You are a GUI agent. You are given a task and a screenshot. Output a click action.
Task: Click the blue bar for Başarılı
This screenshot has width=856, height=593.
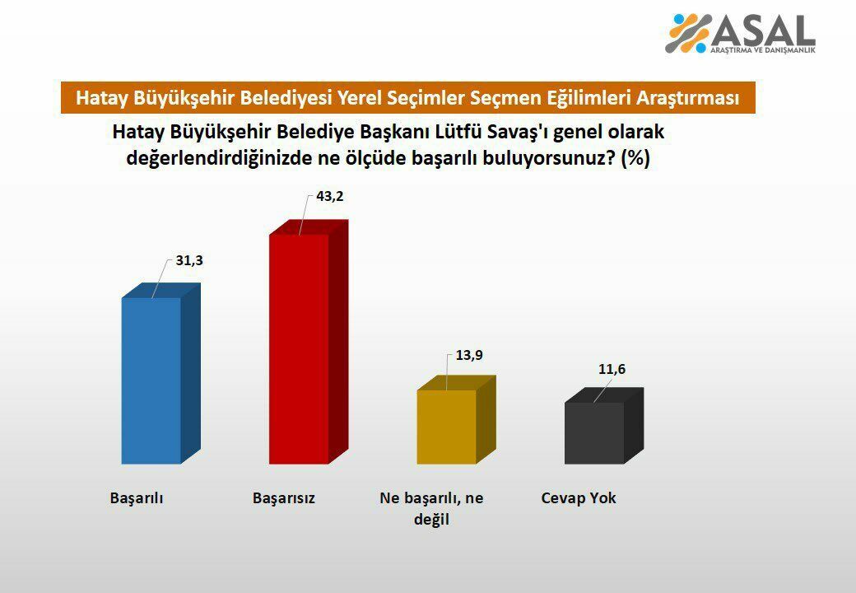click(151, 381)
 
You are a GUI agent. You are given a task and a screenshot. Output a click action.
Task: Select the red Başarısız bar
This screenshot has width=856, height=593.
click(300, 349)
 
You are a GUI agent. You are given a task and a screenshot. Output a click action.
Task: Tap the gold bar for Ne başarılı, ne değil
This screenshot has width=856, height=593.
click(446, 427)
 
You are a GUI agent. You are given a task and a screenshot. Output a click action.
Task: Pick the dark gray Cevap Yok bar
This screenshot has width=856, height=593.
click(594, 433)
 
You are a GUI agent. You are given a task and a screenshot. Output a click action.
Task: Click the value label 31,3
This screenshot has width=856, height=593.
click(189, 260)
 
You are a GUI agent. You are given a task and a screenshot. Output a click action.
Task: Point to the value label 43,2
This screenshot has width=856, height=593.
click(329, 198)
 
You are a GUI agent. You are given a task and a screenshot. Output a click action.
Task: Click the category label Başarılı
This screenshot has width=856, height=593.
click(137, 498)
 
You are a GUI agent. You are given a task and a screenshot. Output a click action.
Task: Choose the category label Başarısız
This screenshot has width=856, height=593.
click(284, 498)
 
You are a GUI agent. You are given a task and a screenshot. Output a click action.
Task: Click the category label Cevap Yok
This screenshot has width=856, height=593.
click(579, 498)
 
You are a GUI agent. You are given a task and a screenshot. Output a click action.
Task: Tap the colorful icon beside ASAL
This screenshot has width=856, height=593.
click(688, 33)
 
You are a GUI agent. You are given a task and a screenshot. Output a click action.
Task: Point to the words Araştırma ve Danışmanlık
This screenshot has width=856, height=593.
click(762, 51)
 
